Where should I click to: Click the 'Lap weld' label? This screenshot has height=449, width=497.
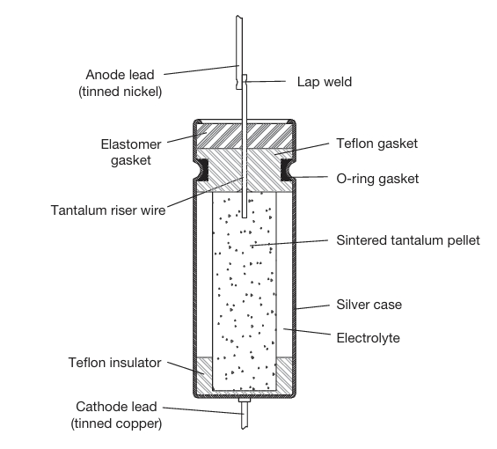[x=325, y=82]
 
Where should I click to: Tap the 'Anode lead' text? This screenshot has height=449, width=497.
[x=120, y=75]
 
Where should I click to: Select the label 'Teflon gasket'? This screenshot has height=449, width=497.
[x=376, y=144]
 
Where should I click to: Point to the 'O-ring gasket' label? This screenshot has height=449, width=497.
[x=377, y=179]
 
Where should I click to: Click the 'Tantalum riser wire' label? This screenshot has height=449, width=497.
[x=108, y=210]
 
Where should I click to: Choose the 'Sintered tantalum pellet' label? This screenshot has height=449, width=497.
[x=408, y=240]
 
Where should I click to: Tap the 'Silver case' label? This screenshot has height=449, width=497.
[x=369, y=305]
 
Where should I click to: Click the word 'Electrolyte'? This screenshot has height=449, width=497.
[x=368, y=338]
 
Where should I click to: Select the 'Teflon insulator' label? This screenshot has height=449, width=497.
[x=114, y=363]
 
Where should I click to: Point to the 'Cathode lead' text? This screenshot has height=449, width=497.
[x=116, y=407]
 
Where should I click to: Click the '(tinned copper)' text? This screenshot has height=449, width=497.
[x=116, y=423]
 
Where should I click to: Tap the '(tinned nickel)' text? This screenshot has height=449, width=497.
[x=121, y=92]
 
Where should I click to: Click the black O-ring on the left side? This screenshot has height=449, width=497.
[x=203, y=170]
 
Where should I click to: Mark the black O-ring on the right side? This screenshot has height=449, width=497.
[x=286, y=170]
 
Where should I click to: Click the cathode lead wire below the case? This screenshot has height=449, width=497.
[x=244, y=415]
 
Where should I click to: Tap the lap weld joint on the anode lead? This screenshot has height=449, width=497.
[x=245, y=80]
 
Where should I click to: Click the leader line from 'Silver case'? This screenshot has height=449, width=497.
[x=313, y=307]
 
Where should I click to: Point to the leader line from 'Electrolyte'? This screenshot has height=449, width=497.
[x=307, y=332]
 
